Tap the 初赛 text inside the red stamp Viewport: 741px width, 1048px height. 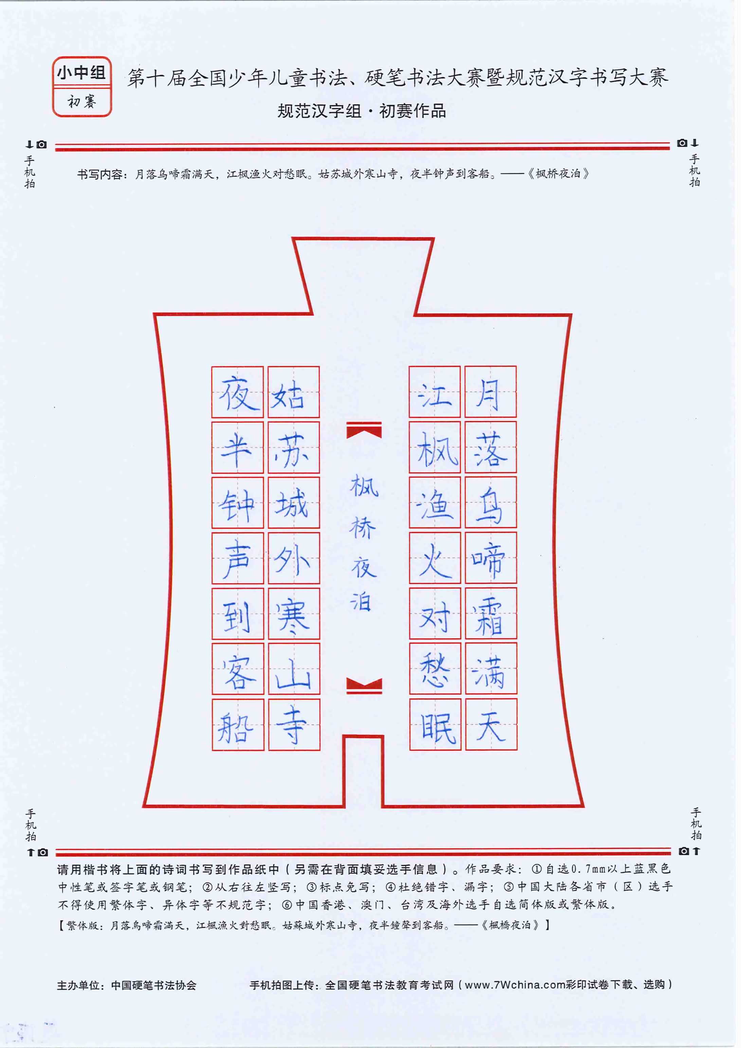pyautogui.click(x=82, y=101)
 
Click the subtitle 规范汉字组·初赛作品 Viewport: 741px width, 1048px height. pyautogui.click(x=362, y=111)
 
